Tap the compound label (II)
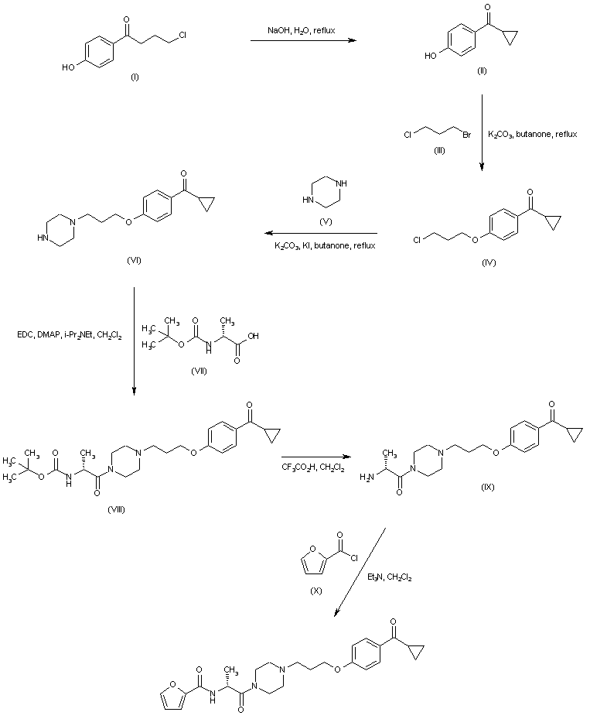(x=482, y=70)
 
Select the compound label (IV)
(x=488, y=262)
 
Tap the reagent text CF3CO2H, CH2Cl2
(x=313, y=468)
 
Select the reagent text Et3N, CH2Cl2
(x=401, y=576)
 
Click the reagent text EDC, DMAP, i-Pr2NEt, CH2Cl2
(x=68, y=334)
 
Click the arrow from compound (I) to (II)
(x=303, y=41)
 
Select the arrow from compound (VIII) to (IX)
(x=313, y=457)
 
